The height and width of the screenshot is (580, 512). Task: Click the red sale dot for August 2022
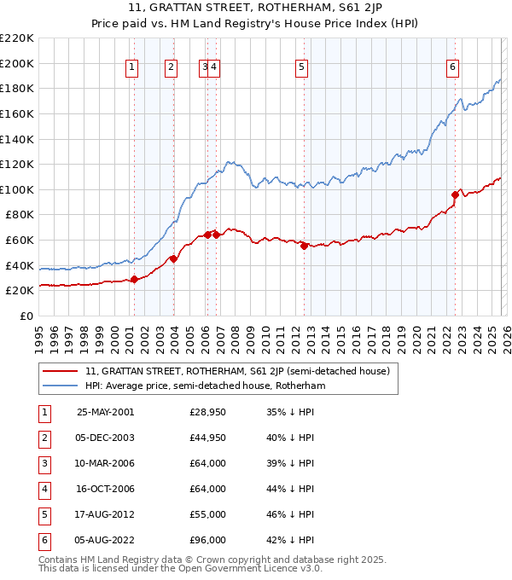coord(455,194)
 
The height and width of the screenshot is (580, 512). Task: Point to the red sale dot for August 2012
coord(305,246)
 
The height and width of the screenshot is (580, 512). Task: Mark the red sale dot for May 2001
coord(134,279)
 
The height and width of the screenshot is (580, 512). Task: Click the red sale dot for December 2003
coord(173,258)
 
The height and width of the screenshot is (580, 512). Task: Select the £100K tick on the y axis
coord(17,189)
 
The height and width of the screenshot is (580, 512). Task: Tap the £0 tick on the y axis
coord(26,316)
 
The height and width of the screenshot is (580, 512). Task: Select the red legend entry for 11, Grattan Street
coord(237,371)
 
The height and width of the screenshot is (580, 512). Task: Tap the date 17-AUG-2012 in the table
coord(105,514)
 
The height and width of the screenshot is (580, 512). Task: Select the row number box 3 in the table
coord(44,463)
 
